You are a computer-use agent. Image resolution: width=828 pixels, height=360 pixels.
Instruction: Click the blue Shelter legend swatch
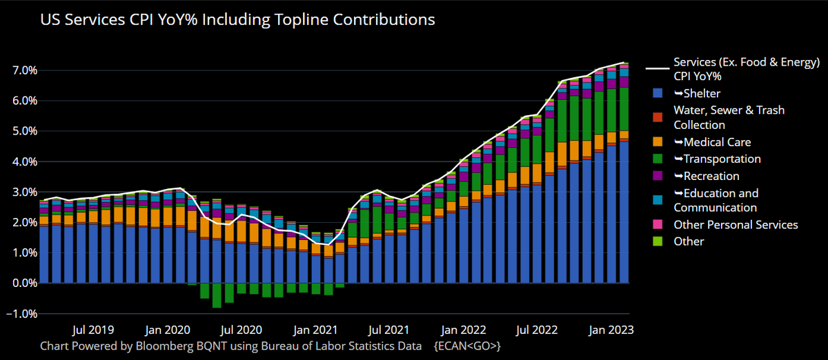(658, 93)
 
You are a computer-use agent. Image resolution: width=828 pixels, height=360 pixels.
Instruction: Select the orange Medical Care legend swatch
(658, 142)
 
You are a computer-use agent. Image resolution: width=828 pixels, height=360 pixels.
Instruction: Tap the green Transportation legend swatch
(658, 159)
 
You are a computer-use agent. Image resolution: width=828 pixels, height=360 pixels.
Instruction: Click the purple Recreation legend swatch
(658, 176)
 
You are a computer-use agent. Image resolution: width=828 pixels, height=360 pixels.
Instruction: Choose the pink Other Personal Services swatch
(658, 225)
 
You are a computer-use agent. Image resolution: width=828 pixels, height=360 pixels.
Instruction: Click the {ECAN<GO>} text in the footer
(467, 344)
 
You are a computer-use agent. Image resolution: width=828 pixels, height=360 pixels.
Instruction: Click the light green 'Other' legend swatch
(658, 241)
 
